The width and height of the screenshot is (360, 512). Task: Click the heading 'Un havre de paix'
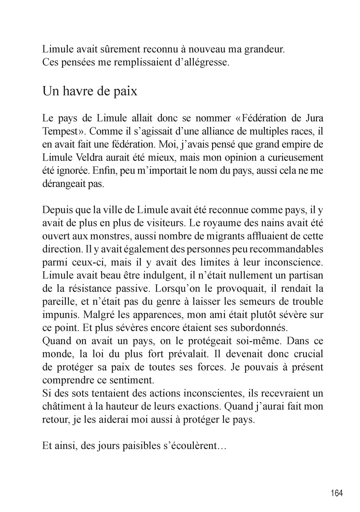tap(90, 91)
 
